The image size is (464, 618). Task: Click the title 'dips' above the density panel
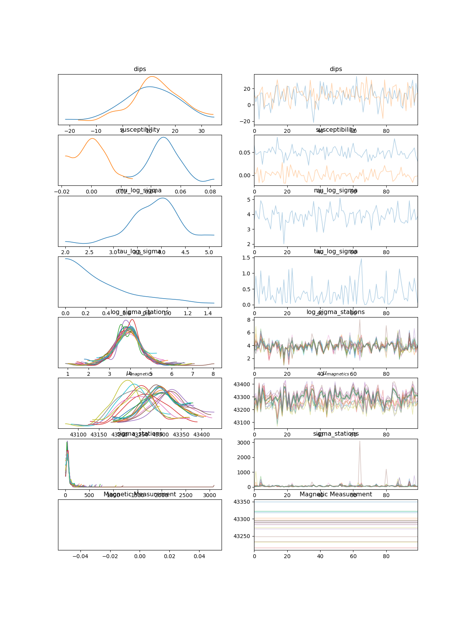point(140,69)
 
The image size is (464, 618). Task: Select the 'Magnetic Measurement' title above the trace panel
point(336,494)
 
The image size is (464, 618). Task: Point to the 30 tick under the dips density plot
point(201,131)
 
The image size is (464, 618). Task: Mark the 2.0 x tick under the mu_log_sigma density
point(65,252)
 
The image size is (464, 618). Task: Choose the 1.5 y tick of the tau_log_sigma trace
point(246,258)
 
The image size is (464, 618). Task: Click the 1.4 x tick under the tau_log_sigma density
point(208,313)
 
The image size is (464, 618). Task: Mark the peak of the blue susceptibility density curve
point(163,137)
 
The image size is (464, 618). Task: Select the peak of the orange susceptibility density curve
point(92,138)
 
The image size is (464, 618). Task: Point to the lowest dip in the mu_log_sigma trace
point(284,244)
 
